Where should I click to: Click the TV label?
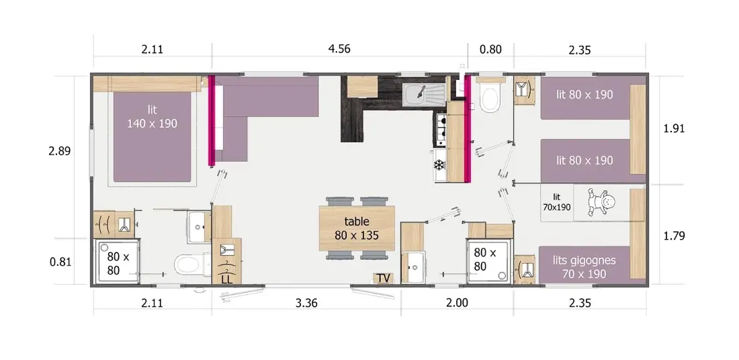coord(384,279)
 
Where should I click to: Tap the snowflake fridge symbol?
coord(439,165)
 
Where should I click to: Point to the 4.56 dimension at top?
coord(339,49)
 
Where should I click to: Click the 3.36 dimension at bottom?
coord(306,303)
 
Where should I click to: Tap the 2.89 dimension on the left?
coord(59,151)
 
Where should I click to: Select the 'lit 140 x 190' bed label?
coord(152,116)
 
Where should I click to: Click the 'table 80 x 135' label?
coord(357,228)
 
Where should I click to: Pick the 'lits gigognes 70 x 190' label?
coord(584,267)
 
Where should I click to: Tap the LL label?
coord(226,279)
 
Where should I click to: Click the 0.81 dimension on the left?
coord(60,261)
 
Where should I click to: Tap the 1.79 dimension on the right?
coord(674,236)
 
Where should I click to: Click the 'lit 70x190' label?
coord(557,202)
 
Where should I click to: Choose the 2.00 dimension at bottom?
coord(457,303)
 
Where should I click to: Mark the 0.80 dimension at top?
coord(490,50)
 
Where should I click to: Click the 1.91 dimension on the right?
coord(674,129)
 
